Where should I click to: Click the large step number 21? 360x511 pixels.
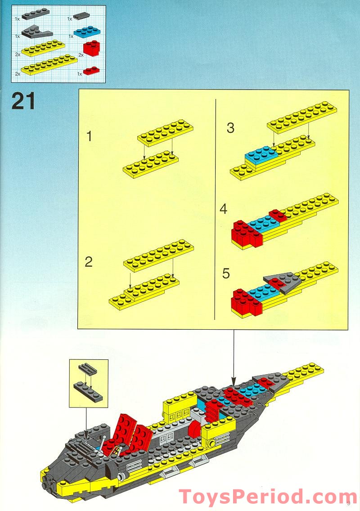[x=23, y=101]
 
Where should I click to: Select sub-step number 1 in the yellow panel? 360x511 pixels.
[x=89, y=136]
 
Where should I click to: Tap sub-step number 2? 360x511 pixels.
[x=89, y=262]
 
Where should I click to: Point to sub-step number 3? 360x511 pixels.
[x=230, y=128]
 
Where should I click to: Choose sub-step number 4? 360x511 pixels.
[x=224, y=209]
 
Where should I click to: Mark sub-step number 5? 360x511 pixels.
[x=225, y=273]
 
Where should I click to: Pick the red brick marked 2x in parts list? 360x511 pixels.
[x=91, y=48]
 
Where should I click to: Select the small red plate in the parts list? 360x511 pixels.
[x=92, y=71]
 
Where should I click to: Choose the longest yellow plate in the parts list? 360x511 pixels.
[x=49, y=64]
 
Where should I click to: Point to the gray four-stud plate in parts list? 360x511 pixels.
[x=35, y=14]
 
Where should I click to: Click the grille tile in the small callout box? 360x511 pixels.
[x=88, y=369]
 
